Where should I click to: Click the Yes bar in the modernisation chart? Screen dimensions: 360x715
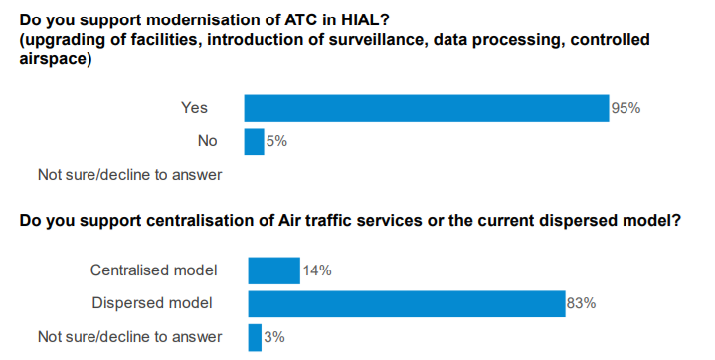[426, 108]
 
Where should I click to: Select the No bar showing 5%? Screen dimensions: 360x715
[254, 141]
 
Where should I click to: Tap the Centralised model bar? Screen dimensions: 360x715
[273, 270]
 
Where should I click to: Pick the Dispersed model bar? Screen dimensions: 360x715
[407, 303]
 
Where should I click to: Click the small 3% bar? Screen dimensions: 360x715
[255, 337]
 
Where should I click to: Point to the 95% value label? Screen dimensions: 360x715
[626, 108]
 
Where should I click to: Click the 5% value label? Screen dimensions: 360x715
[276, 141]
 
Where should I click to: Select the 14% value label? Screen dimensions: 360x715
[317, 270]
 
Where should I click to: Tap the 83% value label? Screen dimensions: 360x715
[581, 303]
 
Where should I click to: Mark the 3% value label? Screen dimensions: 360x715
[274, 337]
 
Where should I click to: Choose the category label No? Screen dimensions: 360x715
[207, 141]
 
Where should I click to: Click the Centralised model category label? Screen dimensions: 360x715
[154, 270]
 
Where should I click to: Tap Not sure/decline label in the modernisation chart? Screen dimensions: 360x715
[129, 175]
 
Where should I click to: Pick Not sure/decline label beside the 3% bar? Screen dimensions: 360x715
[129, 337]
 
